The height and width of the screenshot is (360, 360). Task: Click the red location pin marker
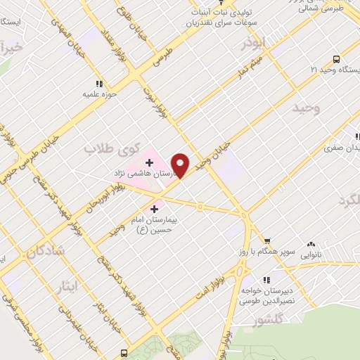(181, 165)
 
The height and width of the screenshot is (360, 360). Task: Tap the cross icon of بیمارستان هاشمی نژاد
(149, 162)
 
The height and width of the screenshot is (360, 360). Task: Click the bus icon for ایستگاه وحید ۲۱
(336, 59)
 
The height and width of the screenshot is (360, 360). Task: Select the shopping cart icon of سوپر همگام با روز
(266, 240)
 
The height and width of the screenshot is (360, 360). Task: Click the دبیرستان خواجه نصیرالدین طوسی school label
(266, 295)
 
